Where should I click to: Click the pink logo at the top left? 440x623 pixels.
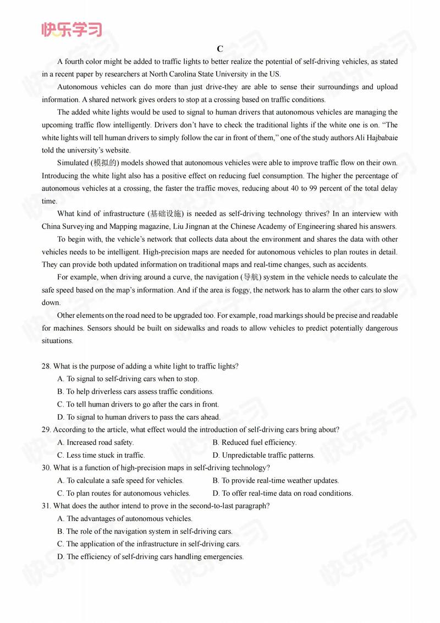tap(71, 29)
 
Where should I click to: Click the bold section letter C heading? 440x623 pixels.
tap(219, 48)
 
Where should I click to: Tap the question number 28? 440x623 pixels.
tap(46, 366)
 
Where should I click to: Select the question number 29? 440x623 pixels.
tap(46, 430)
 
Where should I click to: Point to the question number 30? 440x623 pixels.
tap(46, 468)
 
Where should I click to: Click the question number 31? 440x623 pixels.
tap(46, 506)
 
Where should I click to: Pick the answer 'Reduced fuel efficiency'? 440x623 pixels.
tap(255, 442)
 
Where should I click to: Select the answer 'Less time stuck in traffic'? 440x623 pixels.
tap(101, 455)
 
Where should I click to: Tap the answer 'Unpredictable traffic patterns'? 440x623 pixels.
tap(264, 455)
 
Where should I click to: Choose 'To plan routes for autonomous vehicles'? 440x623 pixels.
tap(124, 493)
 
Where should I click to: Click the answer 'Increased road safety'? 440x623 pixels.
tap(96, 442)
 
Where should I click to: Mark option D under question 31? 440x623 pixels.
tap(150, 556)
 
